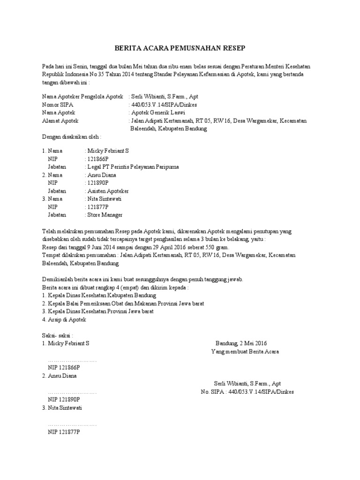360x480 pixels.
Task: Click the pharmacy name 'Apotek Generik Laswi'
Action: click(158, 113)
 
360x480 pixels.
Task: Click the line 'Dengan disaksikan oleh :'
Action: click(71, 137)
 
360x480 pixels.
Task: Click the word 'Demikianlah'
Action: click(58, 279)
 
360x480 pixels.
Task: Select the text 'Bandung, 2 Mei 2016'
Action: click(241, 344)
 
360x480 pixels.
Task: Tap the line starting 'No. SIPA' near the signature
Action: click(247, 391)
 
